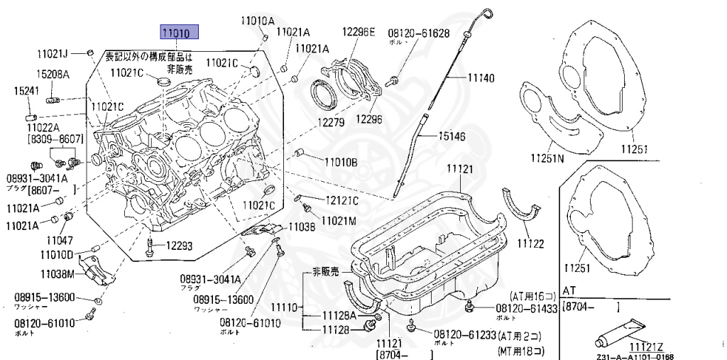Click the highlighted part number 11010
coord(178,32)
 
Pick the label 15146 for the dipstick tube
coord(452,135)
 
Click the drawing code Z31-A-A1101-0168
coord(635,356)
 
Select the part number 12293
coord(179,246)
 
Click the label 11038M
coord(57,273)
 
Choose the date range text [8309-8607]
coord(55,140)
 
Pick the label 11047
coord(61,240)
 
